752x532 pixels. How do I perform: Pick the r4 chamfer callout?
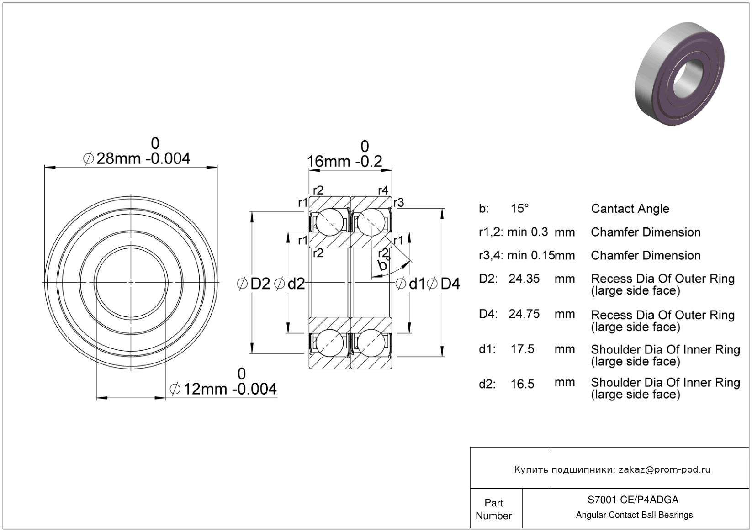click(x=383, y=190)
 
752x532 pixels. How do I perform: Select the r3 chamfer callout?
click(x=399, y=203)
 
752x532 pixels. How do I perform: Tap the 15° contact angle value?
click(x=519, y=209)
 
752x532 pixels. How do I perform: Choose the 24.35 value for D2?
click(x=524, y=279)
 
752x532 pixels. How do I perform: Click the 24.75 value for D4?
click(x=524, y=314)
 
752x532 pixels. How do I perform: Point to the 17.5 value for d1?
click(x=522, y=349)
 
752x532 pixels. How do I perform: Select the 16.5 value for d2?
click(x=522, y=384)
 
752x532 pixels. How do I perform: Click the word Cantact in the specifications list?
click(x=610, y=209)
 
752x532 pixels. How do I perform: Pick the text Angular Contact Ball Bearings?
click(x=634, y=515)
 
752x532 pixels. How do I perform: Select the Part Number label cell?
click(x=494, y=509)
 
